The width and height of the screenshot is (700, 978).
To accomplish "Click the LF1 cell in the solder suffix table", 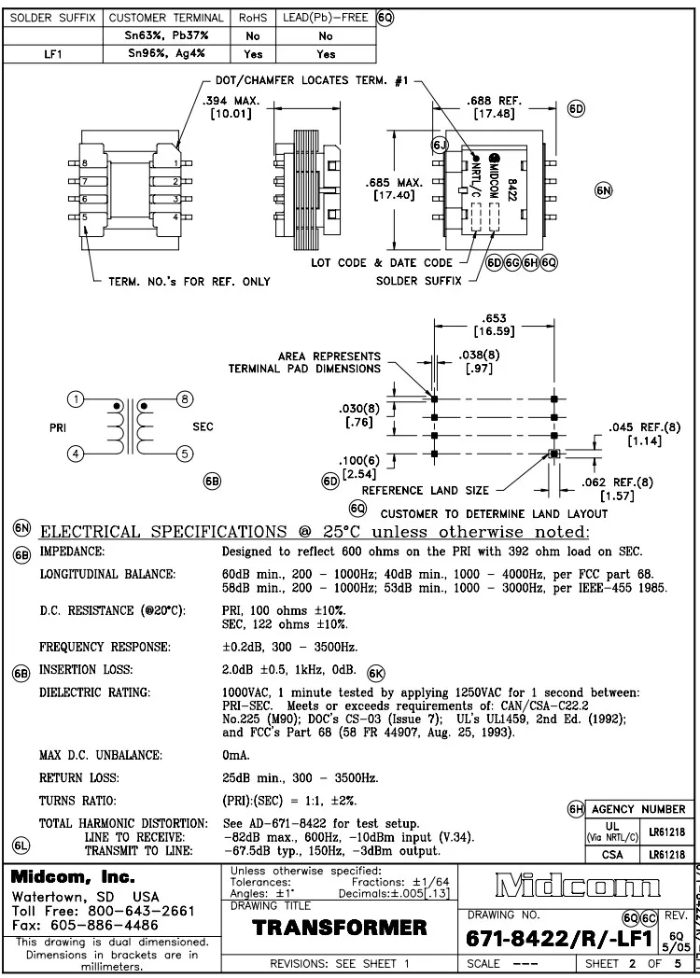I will pyautogui.click(x=53, y=54).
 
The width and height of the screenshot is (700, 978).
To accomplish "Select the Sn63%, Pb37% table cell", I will pyautogui.click(x=166, y=35).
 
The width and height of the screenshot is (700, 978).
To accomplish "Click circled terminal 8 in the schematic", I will pyautogui.click(x=185, y=399).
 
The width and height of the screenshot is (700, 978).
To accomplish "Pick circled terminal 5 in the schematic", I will pyautogui.click(x=185, y=454).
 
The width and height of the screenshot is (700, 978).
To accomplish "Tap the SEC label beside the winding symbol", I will pyautogui.click(x=203, y=426).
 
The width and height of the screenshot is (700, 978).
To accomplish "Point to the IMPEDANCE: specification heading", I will pyautogui.click(x=72, y=552).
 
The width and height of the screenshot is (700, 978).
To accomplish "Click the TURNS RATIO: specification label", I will pyautogui.click(x=77, y=801).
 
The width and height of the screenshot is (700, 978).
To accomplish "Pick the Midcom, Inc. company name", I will pyautogui.click(x=74, y=878).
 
